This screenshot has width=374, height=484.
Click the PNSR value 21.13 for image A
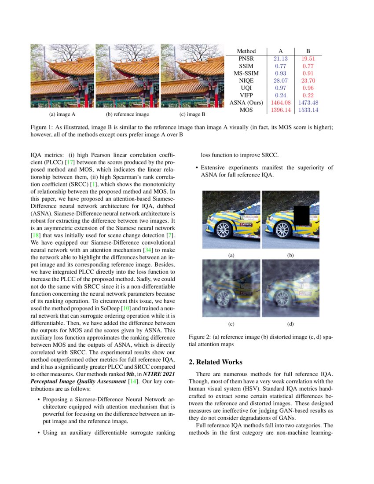280,59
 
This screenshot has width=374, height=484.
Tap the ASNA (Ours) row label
246,103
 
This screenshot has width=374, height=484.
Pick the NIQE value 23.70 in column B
308,81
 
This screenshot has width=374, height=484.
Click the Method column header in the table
246,51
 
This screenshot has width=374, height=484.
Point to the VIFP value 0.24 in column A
280,95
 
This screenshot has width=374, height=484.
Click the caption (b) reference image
128,114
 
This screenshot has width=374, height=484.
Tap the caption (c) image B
193,114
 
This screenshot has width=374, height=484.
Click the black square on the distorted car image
303,216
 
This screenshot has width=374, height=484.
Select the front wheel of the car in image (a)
224,229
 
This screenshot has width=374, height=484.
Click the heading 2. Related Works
215,362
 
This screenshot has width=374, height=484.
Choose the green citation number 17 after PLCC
70,162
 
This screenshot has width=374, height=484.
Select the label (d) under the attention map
290,324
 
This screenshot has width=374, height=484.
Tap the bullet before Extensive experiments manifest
196,168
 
